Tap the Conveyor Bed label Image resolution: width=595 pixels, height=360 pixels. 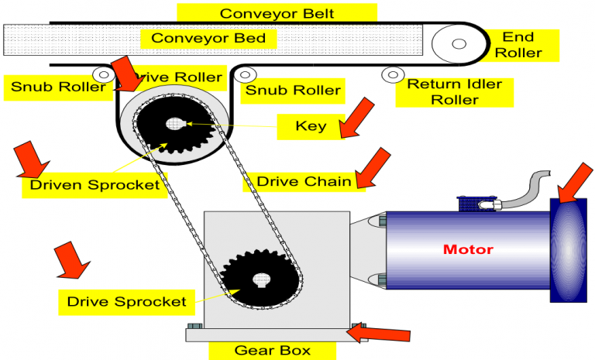[208, 37]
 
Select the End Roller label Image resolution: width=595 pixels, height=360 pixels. [518, 45]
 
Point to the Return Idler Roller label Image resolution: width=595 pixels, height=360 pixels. [454, 91]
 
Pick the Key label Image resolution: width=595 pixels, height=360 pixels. [310, 125]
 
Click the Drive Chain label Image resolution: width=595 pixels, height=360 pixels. [304, 181]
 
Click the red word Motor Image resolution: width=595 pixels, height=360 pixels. [467, 249]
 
